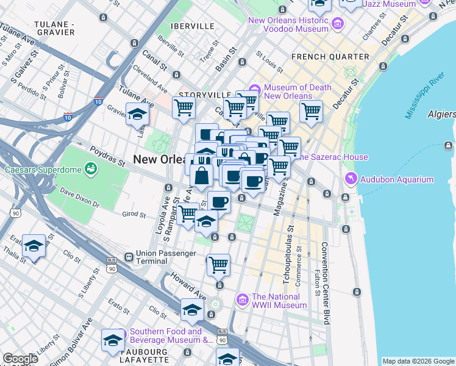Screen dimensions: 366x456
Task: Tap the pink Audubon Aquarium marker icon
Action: click(351, 179)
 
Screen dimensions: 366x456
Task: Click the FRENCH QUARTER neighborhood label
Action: click(330, 57)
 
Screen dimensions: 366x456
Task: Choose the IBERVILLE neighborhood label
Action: click(193, 26)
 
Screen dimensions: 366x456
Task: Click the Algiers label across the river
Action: click(441, 114)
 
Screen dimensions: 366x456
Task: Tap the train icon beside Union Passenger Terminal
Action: click(129, 257)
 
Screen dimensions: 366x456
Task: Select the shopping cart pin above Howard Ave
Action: click(218, 264)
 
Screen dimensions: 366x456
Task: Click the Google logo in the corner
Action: click(20, 359)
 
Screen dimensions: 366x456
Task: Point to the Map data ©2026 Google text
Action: click(418, 361)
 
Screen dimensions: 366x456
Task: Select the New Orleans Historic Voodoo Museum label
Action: click(288, 24)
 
